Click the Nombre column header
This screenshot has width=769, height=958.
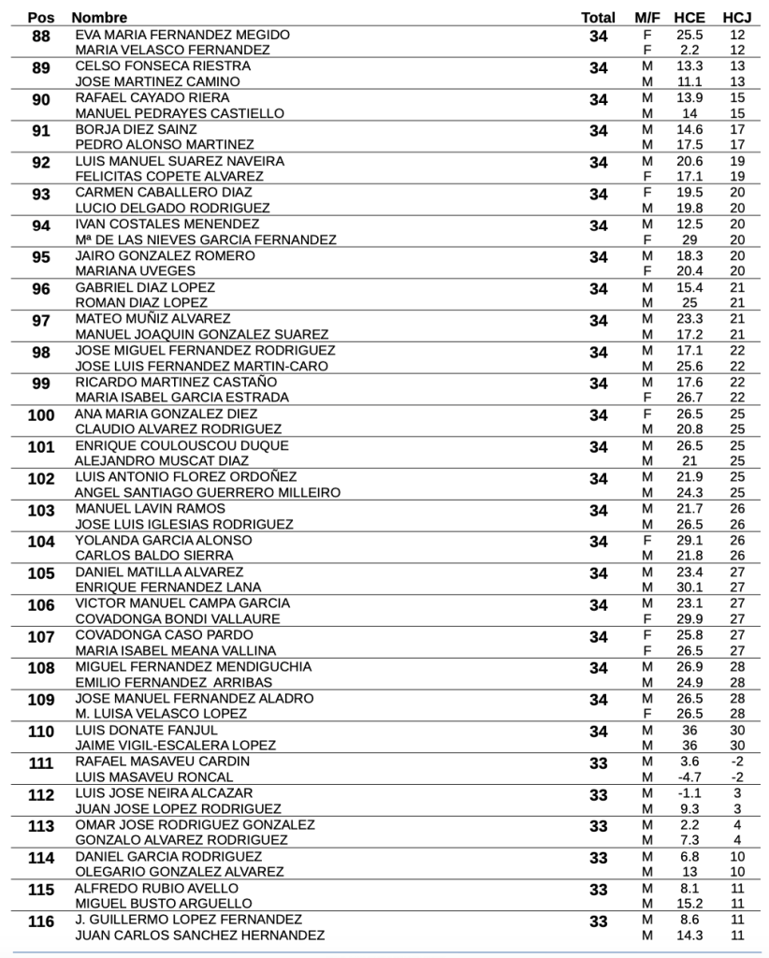coord(99,18)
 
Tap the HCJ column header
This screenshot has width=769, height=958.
coord(736,18)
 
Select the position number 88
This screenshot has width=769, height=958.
coord(41,36)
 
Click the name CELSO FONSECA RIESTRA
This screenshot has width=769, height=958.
coord(163,66)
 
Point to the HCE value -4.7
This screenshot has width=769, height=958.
coord(689,777)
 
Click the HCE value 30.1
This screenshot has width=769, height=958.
coord(689,587)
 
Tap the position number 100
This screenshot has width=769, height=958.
coord(41,415)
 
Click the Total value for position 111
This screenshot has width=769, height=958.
coord(599,763)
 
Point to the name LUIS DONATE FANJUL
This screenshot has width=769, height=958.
coord(146,730)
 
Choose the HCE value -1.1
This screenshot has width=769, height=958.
coord(689,792)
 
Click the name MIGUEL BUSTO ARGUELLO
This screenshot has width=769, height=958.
coord(164,903)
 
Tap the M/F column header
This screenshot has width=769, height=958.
coord(646,18)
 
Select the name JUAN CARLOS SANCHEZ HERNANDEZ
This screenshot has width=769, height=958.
coord(200,935)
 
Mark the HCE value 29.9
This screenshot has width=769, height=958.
coord(689,618)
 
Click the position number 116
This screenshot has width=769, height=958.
coord(41,922)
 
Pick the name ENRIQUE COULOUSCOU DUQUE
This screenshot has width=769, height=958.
coord(181,445)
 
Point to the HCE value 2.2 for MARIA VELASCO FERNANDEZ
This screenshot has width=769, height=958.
coord(689,50)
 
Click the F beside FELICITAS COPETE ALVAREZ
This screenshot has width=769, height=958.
coord(646,176)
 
